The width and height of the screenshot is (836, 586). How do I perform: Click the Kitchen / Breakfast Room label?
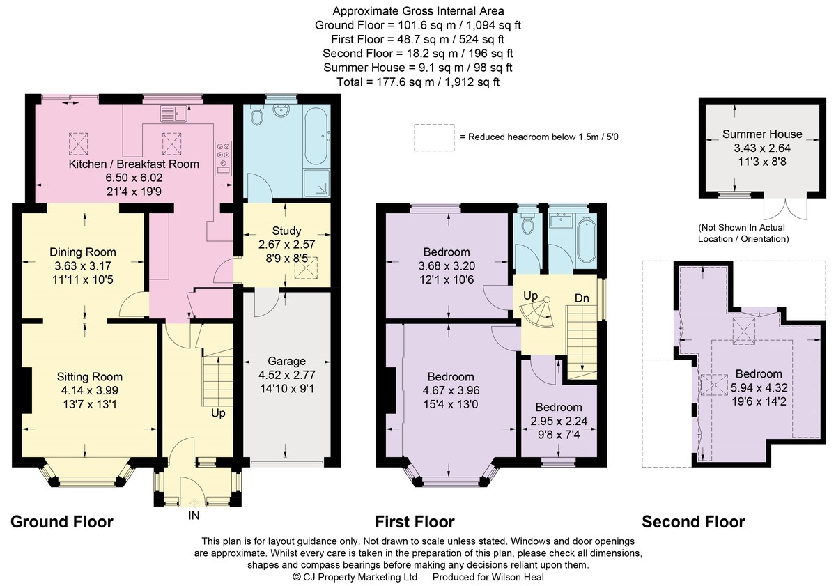pos(134,164)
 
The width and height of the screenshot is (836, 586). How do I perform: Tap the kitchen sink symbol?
pos(174,114)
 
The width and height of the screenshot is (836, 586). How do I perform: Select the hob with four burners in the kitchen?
pos(223,158)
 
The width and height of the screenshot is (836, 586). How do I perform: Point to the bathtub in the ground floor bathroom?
pos(316,137)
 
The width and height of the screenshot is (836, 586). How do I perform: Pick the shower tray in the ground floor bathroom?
pos(316,183)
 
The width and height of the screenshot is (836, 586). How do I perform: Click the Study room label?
pos(286,231)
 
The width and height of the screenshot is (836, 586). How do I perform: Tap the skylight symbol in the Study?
pos(306,268)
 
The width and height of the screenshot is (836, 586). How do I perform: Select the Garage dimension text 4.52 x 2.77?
pos(286,375)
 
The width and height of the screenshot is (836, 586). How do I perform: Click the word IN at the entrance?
pos(194,516)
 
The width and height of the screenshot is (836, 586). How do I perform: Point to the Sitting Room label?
pos(90,376)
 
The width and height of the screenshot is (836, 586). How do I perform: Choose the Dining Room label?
pos(83,252)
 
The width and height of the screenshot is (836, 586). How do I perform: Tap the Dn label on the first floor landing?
pos(582,298)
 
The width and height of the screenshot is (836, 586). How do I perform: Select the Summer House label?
pos(762,134)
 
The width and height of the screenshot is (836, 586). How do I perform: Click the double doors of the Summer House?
pos(786,208)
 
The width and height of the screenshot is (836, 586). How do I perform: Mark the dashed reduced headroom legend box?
pos(434,138)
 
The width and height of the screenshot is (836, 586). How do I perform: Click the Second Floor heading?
pos(693,522)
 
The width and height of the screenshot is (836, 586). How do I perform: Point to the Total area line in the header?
pos(418,82)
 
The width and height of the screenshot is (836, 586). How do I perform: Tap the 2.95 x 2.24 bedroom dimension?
pos(559,421)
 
